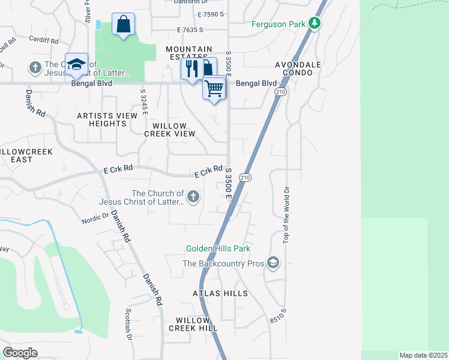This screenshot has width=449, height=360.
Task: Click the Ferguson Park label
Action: point(277,24)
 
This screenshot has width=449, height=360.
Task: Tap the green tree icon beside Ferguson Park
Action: point(314,24)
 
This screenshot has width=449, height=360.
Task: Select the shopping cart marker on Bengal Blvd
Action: point(214,89)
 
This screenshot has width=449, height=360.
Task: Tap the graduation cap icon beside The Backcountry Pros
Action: point(273,263)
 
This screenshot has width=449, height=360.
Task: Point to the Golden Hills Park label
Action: point(218,248)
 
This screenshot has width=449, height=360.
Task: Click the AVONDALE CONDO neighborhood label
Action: point(294,68)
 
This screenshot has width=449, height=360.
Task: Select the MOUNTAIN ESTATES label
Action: point(189,53)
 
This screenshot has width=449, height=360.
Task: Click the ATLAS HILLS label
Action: point(220,293)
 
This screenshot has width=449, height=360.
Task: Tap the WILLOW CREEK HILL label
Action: point(193,325)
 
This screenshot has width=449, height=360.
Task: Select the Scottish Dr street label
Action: point(128,325)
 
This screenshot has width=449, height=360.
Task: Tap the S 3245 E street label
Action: point(144,104)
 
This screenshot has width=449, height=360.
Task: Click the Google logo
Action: point(20,353)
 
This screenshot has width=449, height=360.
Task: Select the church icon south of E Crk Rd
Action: point(193,196)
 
